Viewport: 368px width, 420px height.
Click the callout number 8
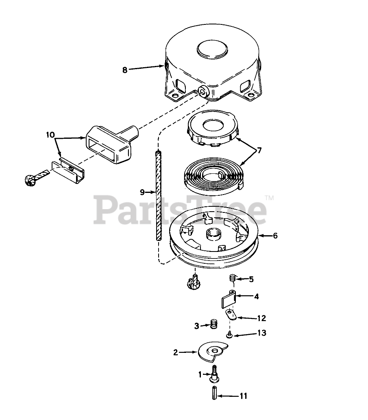pyautogui.click(x=125, y=70)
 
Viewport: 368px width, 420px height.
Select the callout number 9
pyautogui.click(x=142, y=192)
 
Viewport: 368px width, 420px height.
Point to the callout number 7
pyautogui.click(x=259, y=151)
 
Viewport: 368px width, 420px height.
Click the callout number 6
pyautogui.click(x=275, y=236)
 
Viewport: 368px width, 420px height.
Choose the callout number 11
pyautogui.click(x=244, y=395)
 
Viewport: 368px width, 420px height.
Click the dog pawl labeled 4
pyautogui.click(x=229, y=300)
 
